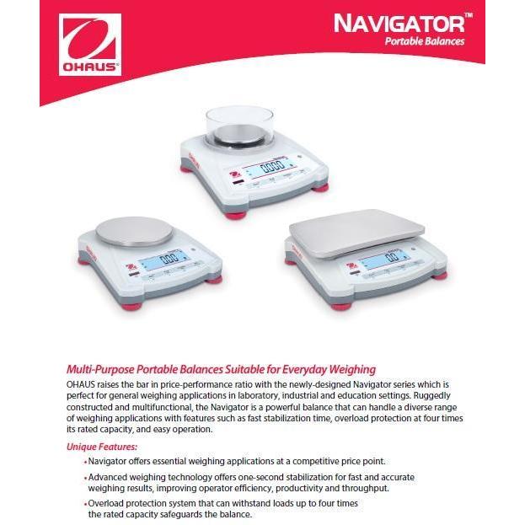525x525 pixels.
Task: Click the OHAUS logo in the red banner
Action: pyautogui.click(x=89, y=44)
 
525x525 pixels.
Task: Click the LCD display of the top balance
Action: pyautogui.click(x=270, y=166)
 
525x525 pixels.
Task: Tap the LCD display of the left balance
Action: pyautogui.click(x=170, y=259)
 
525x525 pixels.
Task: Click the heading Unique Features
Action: pyautogui.click(x=102, y=447)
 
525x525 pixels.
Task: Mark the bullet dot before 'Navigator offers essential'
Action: pyautogui.click(x=86, y=463)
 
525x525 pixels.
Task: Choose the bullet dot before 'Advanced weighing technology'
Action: pyautogui.click(x=86, y=478)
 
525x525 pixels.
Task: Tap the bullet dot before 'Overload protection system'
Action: pyautogui.click(x=86, y=504)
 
